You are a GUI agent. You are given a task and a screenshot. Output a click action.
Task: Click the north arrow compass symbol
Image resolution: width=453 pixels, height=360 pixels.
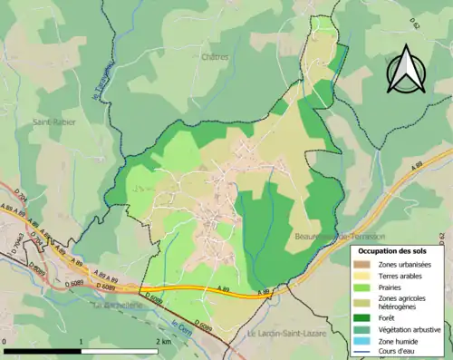[404, 68]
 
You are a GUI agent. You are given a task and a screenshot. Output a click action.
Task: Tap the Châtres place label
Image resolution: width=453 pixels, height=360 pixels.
[217, 56]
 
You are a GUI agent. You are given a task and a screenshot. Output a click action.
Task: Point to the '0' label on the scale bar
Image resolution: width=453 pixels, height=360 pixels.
[5, 342]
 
